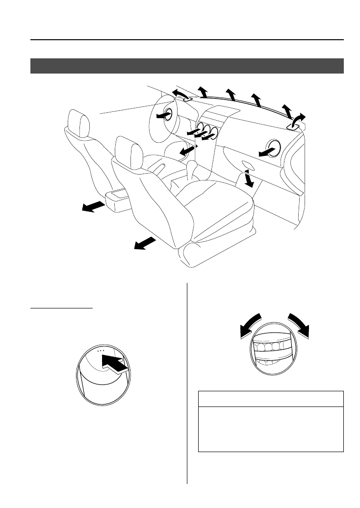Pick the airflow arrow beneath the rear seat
click(x=93, y=206)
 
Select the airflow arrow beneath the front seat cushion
click(x=145, y=242)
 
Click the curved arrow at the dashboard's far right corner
click(x=297, y=121)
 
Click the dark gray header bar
click(x=187, y=66)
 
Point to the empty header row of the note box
click(x=270, y=399)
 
